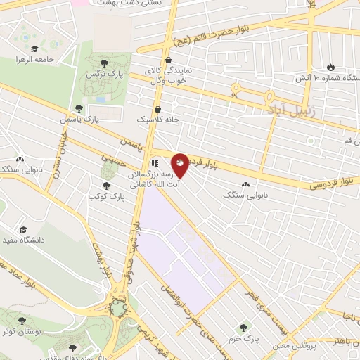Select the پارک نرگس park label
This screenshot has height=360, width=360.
coord(99,74)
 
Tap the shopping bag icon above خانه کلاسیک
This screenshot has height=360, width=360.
coord(157,110)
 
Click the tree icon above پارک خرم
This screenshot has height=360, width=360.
coord(244,327)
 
